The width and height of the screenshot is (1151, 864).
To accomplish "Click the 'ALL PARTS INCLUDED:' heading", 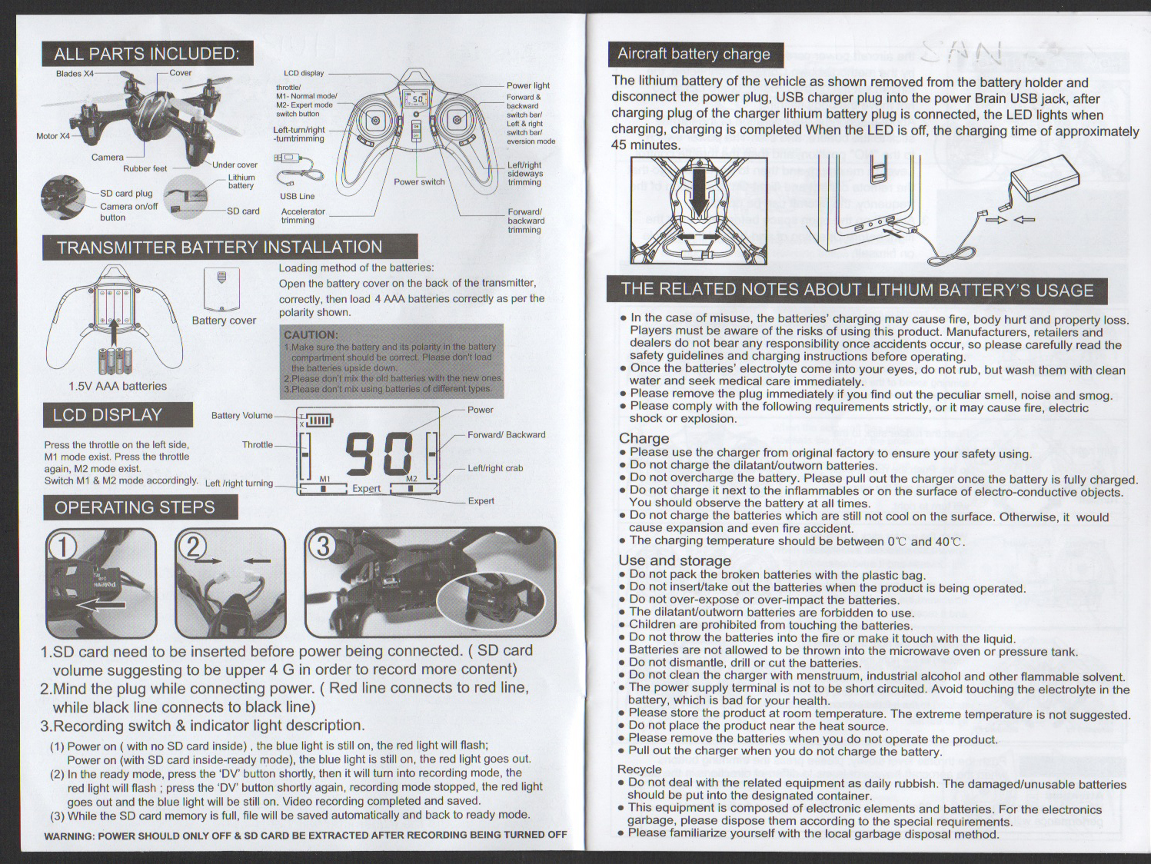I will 146,54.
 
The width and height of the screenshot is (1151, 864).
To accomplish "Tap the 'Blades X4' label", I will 75,74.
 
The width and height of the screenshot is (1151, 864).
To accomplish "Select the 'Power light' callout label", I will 527,85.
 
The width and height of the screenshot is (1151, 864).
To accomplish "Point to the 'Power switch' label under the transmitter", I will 419,182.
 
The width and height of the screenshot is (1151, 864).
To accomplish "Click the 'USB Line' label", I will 297,196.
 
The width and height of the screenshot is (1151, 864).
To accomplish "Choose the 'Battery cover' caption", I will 224,321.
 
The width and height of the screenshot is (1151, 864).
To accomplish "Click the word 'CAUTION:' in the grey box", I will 311,334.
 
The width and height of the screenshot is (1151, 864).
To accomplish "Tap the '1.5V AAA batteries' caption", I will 118,386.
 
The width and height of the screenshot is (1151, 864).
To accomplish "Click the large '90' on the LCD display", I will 379,454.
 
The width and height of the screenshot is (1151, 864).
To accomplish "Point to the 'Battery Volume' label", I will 241,415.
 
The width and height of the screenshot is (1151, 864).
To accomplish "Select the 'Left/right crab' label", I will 495,468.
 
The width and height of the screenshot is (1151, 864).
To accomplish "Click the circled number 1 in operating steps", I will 63,547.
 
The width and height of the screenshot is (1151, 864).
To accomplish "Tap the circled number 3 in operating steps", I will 323,546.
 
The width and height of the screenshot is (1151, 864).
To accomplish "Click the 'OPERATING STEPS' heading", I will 135,507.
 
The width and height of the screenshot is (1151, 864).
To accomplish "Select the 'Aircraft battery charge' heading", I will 694,54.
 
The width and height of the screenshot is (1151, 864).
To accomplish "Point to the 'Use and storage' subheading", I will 674,560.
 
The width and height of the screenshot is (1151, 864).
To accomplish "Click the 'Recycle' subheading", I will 639,769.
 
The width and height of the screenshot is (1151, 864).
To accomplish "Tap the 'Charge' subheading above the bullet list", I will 644,438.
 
